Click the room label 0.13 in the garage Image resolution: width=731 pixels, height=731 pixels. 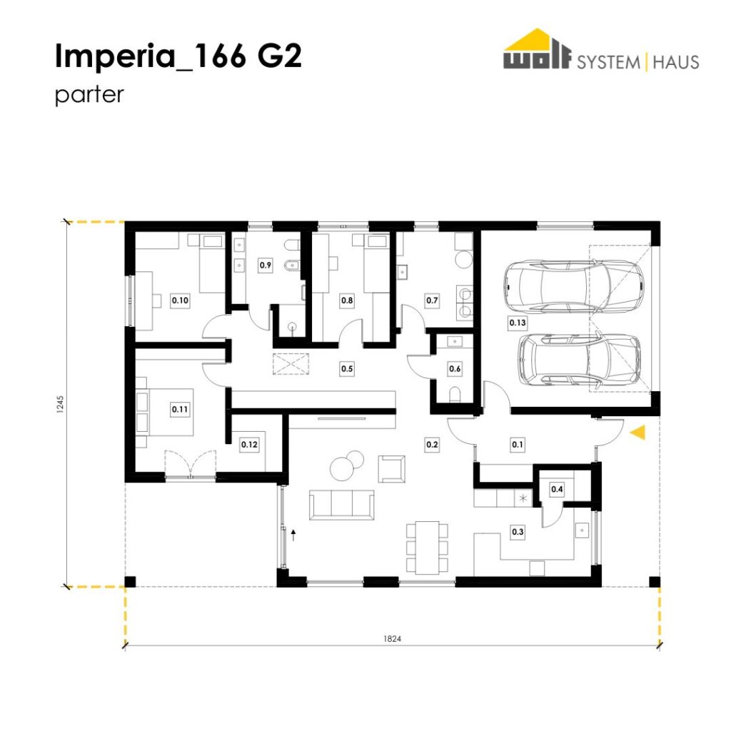click(518, 323)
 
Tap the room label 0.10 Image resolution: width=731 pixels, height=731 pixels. click(180, 301)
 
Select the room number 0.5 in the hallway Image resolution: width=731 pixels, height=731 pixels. click(347, 369)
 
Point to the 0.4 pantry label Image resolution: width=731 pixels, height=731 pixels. click(557, 489)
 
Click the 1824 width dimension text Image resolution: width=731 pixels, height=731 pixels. click(392, 639)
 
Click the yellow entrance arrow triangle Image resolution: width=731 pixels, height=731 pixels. click(638, 432)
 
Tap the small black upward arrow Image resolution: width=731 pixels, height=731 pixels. click(293, 535)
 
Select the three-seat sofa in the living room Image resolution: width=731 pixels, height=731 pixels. click(342, 505)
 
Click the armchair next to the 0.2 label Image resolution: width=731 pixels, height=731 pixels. click(392, 468)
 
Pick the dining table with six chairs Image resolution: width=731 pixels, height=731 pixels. click(427, 548)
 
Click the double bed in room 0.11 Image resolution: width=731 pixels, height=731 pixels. click(165, 412)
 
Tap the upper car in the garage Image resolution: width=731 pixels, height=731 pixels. click(574, 287)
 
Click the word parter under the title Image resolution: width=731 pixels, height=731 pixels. click(89, 95)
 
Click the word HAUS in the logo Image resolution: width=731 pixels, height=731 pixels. click(676, 62)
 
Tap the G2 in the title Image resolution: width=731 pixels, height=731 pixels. click(279, 56)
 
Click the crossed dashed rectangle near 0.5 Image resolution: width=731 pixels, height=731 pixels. click(291, 363)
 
